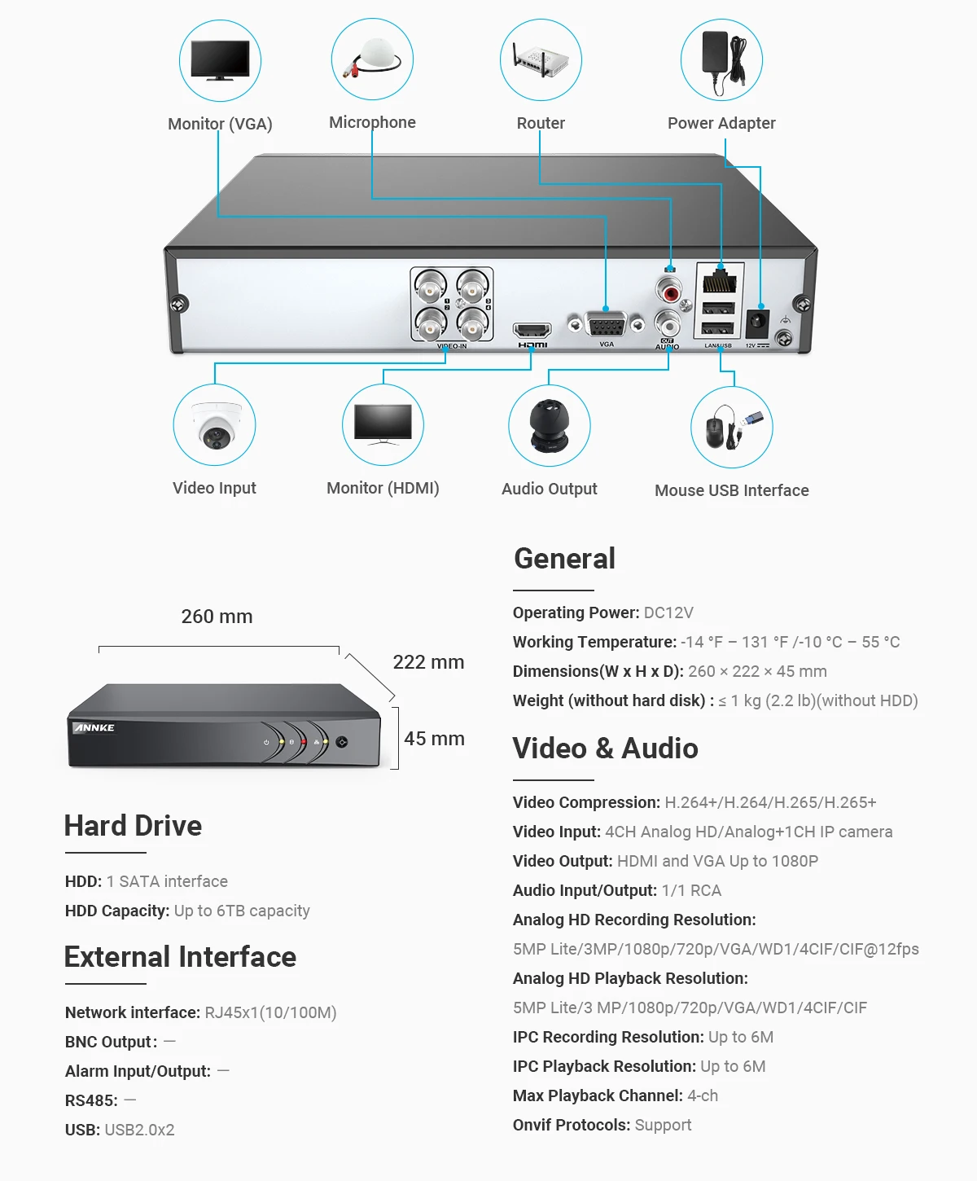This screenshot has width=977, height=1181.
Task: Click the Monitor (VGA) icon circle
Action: click(x=220, y=61)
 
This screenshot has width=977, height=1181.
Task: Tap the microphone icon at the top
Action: click(x=372, y=59)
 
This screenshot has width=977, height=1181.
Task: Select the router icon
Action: click(x=541, y=60)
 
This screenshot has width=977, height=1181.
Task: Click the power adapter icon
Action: click(x=721, y=60)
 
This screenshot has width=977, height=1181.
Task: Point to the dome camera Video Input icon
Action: click(x=214, y=426)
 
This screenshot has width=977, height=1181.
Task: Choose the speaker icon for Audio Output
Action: click(x=550, y=426)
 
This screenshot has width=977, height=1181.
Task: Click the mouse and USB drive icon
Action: click(x=731, y=427)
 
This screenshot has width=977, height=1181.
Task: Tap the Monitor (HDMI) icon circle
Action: click(x=383, y=425)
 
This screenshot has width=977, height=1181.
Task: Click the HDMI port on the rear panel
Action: click(x=532, y=330)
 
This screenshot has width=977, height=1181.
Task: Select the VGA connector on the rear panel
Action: click(x=607, y=326)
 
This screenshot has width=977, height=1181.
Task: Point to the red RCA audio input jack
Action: click(x=670, y=290)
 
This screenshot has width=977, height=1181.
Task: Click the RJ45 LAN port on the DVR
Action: click(x=720, y=282)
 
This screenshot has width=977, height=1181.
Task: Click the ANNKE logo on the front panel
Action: click(x=94, y=727)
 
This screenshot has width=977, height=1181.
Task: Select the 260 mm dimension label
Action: click(x=217, y=617)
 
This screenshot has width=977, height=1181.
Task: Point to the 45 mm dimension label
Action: click(x=434, y=739)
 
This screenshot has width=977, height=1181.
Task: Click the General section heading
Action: click(x=564, y=559)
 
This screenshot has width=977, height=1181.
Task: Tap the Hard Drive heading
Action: click(x=133, y=826)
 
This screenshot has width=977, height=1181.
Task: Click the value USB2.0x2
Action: click(x=139, y=1130)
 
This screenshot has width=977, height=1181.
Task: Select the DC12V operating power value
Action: click(x=668, y=612)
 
